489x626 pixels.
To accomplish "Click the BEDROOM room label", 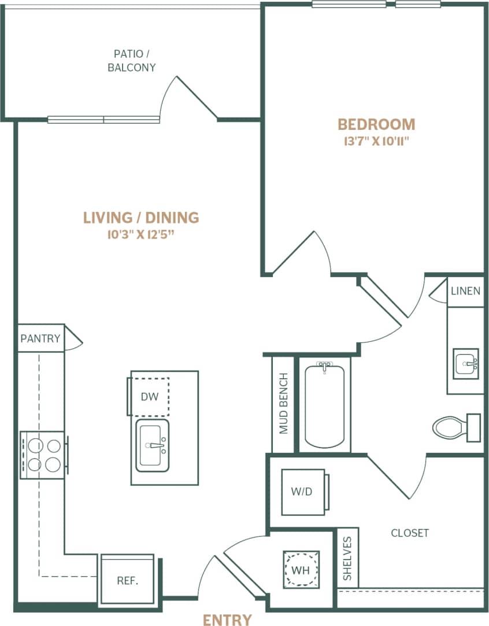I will coord(376,124).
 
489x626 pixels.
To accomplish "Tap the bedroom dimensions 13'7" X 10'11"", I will coord(376,141).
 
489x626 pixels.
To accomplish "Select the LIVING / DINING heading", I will coord(141,218).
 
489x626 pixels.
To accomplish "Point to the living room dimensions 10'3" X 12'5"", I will coord(141,234).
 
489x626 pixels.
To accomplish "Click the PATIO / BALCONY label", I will coord(132,61).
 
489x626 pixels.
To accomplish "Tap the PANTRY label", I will coord(40,338).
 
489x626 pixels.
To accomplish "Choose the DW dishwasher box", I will coord(149,397).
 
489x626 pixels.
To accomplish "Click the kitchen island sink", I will coord(153,445).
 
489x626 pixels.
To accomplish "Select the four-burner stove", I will coord(42,454).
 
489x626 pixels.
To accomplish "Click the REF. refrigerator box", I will coord(128,580).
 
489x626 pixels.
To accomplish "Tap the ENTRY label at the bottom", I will coord(227,620).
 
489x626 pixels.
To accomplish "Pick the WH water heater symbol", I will coord(301,569).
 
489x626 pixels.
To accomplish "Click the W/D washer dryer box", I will coord(302,491).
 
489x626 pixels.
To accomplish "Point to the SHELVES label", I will coord(347,558).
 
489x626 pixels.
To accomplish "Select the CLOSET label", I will coord(409,532).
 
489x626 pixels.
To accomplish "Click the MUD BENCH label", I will coord(283,404).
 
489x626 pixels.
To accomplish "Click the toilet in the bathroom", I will coord(454,427).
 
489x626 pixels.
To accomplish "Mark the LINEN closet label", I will coord(465,290).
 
